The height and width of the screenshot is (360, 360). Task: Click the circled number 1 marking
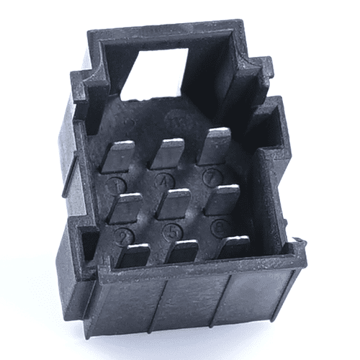[x=115, y=184]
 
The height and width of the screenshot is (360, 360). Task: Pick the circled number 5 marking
[x=171, y=231]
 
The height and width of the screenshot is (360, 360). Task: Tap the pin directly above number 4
[x=168, y=153]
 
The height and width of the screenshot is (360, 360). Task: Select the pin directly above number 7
[x=214, y=145]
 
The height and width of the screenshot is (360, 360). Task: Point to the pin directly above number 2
[x=125, y=207]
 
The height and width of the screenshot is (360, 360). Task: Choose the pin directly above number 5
[x=174, y=204]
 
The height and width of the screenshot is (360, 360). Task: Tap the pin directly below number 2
[x=133, y=256]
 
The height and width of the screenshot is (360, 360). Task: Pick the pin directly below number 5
[x=183, y=252]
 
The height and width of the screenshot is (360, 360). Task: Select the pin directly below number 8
[x=233, y=246]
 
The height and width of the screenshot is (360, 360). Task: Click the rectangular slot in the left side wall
[x=87, y=245]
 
